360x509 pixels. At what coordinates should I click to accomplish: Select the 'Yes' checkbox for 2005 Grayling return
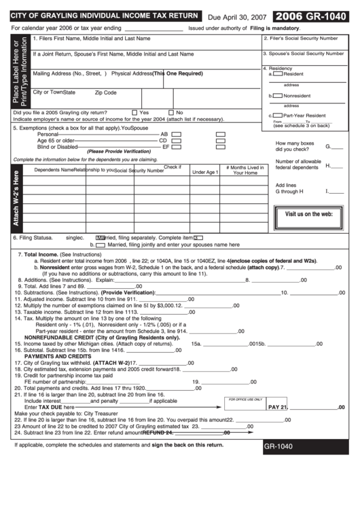(x=134, y=112)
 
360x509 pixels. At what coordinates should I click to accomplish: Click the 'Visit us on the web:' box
(x=308, y=214)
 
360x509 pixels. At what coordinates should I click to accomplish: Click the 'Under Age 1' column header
(x=205, y=173)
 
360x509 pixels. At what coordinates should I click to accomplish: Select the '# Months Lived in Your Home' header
(x=245, y=170)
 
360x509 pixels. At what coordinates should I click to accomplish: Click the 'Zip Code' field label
(x=105, y=92)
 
